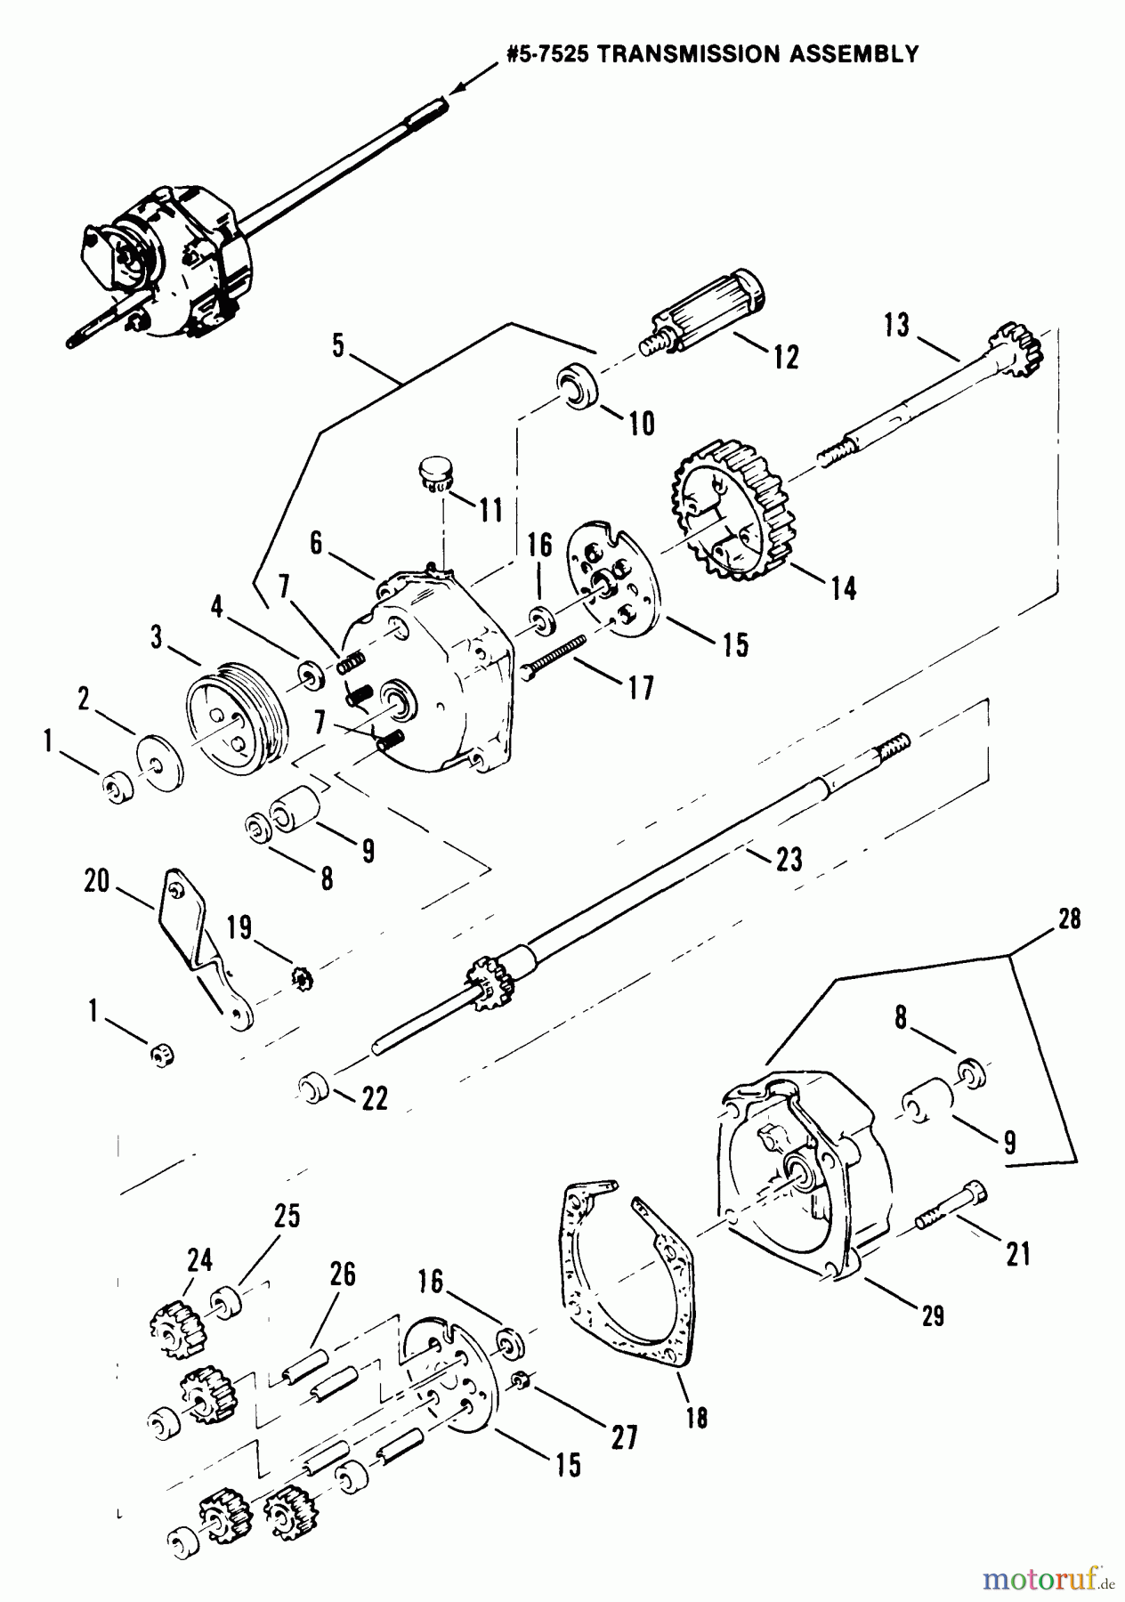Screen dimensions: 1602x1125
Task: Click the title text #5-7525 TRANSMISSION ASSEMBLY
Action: (x=712, y=54)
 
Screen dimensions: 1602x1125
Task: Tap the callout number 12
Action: (x=786, y=356)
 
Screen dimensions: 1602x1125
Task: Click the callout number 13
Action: (x=896, y=326)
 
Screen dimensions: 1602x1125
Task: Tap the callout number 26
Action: (x=342, y=1274)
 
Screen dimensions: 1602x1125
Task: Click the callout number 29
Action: (x=932, y=1315)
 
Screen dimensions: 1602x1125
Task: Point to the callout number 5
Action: (x=338, y=346)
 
